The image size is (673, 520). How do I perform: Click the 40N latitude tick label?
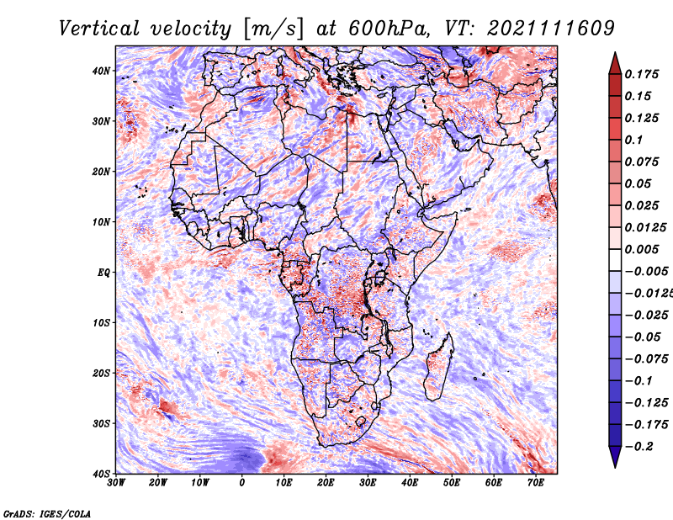coord(101,71)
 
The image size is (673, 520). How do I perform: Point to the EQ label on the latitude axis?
coord(103,273)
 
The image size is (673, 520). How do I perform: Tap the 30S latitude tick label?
coord(101,423)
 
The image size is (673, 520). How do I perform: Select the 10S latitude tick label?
coord(101,322)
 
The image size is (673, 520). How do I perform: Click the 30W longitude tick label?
coord(115,483)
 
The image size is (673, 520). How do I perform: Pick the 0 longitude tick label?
coord(242,483)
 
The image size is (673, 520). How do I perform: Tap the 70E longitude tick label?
coord(536,483)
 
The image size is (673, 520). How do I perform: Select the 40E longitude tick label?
coord(410,483)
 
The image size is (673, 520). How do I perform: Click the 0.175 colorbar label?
coord(641,74)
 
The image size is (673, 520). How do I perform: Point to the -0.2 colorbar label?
coord(639,447)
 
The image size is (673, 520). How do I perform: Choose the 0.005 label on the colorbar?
coord(641,249)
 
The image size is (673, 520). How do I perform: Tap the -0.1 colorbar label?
coord(639,381)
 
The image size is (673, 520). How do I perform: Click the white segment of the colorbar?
coord(615,260)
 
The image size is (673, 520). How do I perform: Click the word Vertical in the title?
coord(99,29)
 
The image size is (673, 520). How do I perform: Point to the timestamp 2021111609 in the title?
coord(551,29)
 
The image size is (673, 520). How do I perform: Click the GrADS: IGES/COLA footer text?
coord(47,514)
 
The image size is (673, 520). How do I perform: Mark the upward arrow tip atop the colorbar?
coord(615,53)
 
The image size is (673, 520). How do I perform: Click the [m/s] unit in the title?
coord(273,29)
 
